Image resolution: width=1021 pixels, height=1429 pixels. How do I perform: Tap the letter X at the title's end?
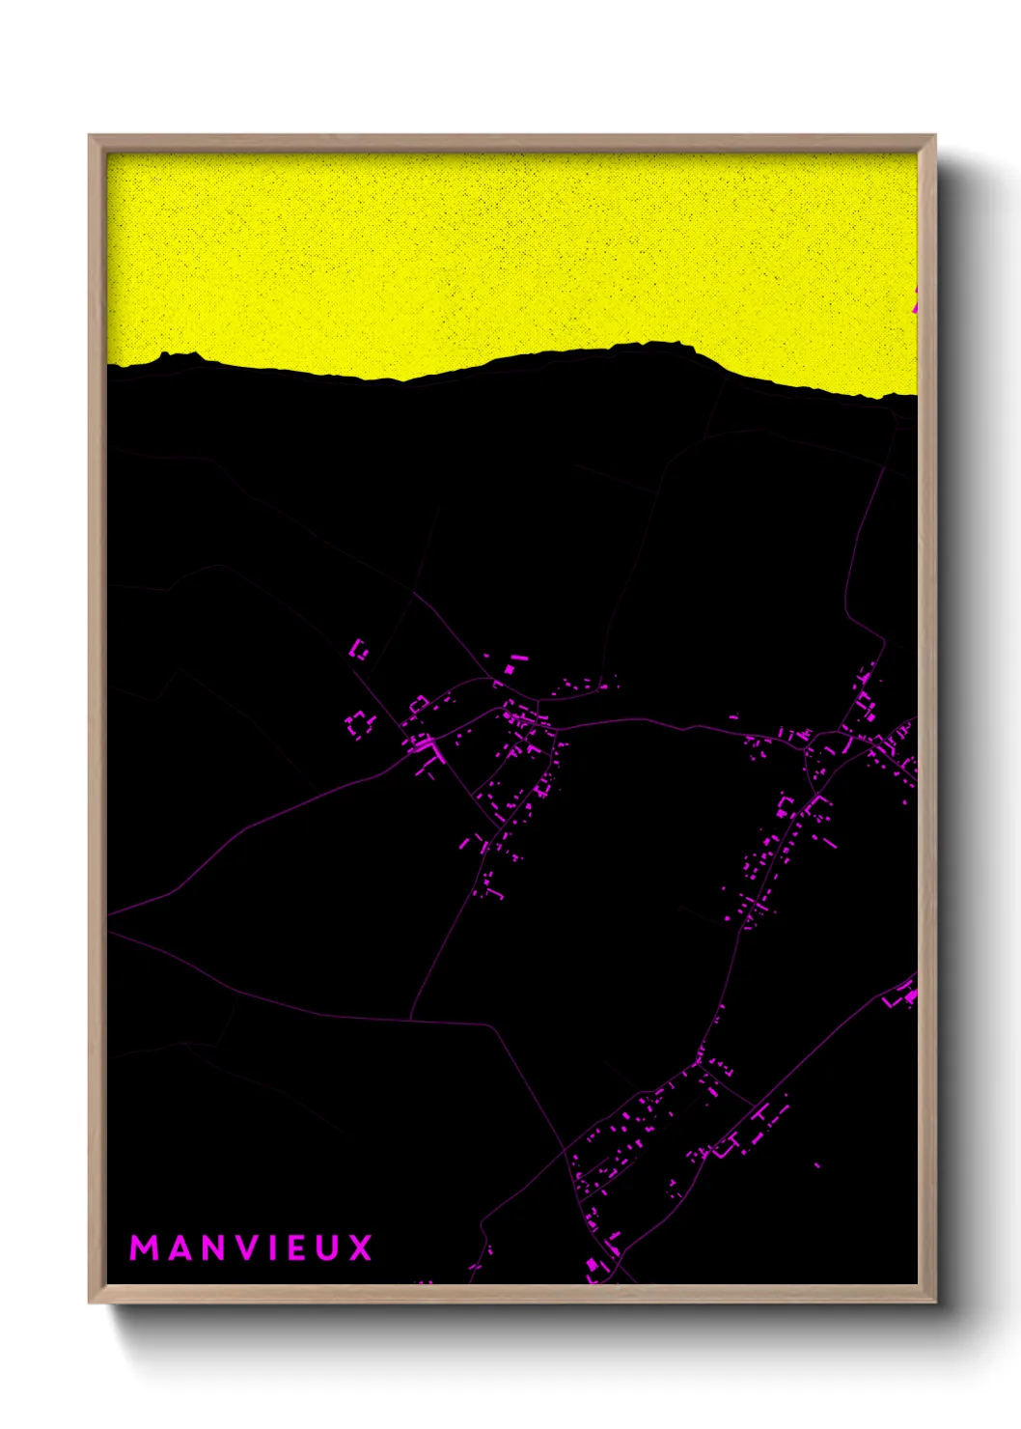[361, 1247]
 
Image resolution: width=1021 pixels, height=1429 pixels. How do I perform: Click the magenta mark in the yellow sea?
[914, 299]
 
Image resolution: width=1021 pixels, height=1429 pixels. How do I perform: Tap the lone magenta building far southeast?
[816, 1165]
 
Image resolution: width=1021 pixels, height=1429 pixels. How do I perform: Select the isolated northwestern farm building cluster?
[359, 649]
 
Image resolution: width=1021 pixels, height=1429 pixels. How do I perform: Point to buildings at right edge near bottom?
[905, 995]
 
